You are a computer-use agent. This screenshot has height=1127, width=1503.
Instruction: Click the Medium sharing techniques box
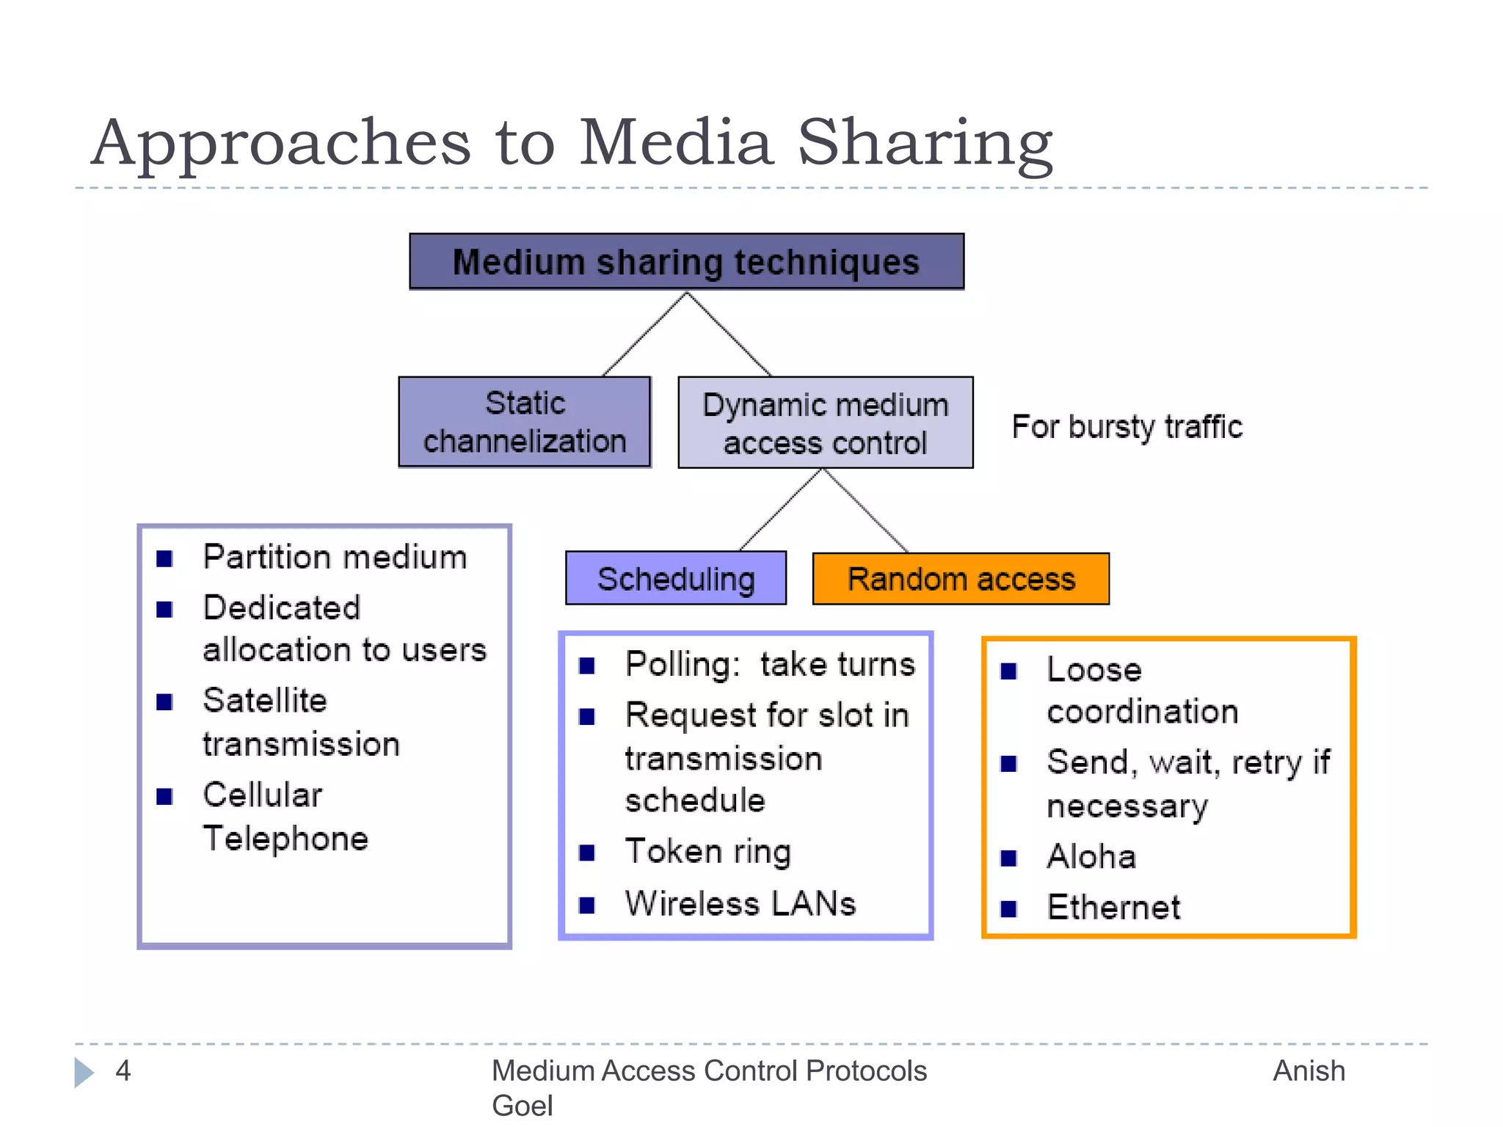pyautogui.click(x=686, y=262)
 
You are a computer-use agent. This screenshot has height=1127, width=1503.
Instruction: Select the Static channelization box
pyautogui.click(x=524, y=422)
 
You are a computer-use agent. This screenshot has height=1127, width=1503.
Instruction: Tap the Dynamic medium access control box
pyautogui.click(x=825, y=423)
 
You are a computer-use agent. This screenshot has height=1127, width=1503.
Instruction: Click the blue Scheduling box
pyautogui.click(x=675, y=579)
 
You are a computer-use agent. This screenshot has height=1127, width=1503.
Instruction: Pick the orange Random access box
pyautogui.click(x=961, y=579)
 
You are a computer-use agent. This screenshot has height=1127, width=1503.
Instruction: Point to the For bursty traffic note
pyautogui.click(x=1127, y=427)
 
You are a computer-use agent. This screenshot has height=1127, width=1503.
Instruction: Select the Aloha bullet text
pyautogui.click(x=1091, y=856)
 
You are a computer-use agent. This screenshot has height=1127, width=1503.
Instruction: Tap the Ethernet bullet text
pyautogui.click(x=1113, y=908)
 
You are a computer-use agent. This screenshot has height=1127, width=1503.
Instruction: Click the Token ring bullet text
pyautogui.click(x=707, y=852)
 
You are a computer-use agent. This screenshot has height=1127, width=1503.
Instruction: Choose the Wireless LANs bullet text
pyautogui.click(x=740, y=903)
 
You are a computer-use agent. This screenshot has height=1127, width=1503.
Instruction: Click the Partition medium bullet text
pyautogui.click(x=335, y=557)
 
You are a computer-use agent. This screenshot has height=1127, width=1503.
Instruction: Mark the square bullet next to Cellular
pyautogui.click(x=164, y=796)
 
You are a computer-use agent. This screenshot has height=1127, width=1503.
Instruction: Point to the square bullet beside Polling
pyautogui.click(x=586, y=665)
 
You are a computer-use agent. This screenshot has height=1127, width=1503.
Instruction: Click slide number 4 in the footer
pyautogui.click(x=123, y=1071)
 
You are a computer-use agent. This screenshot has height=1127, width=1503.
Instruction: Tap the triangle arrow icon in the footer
pyautogui.click(x=84, y=1072)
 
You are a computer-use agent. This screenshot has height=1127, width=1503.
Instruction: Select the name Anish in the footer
pyautogui.click(x=1309, y=1071)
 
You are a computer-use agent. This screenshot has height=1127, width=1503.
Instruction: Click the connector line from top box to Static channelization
pyautogui.click(x=644, y=334)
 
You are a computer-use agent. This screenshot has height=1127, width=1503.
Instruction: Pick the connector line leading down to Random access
pyautogui.click(x=866, y=511)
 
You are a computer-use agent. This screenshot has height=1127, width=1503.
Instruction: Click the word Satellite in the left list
pyautogui.click(x=264, y=700)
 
